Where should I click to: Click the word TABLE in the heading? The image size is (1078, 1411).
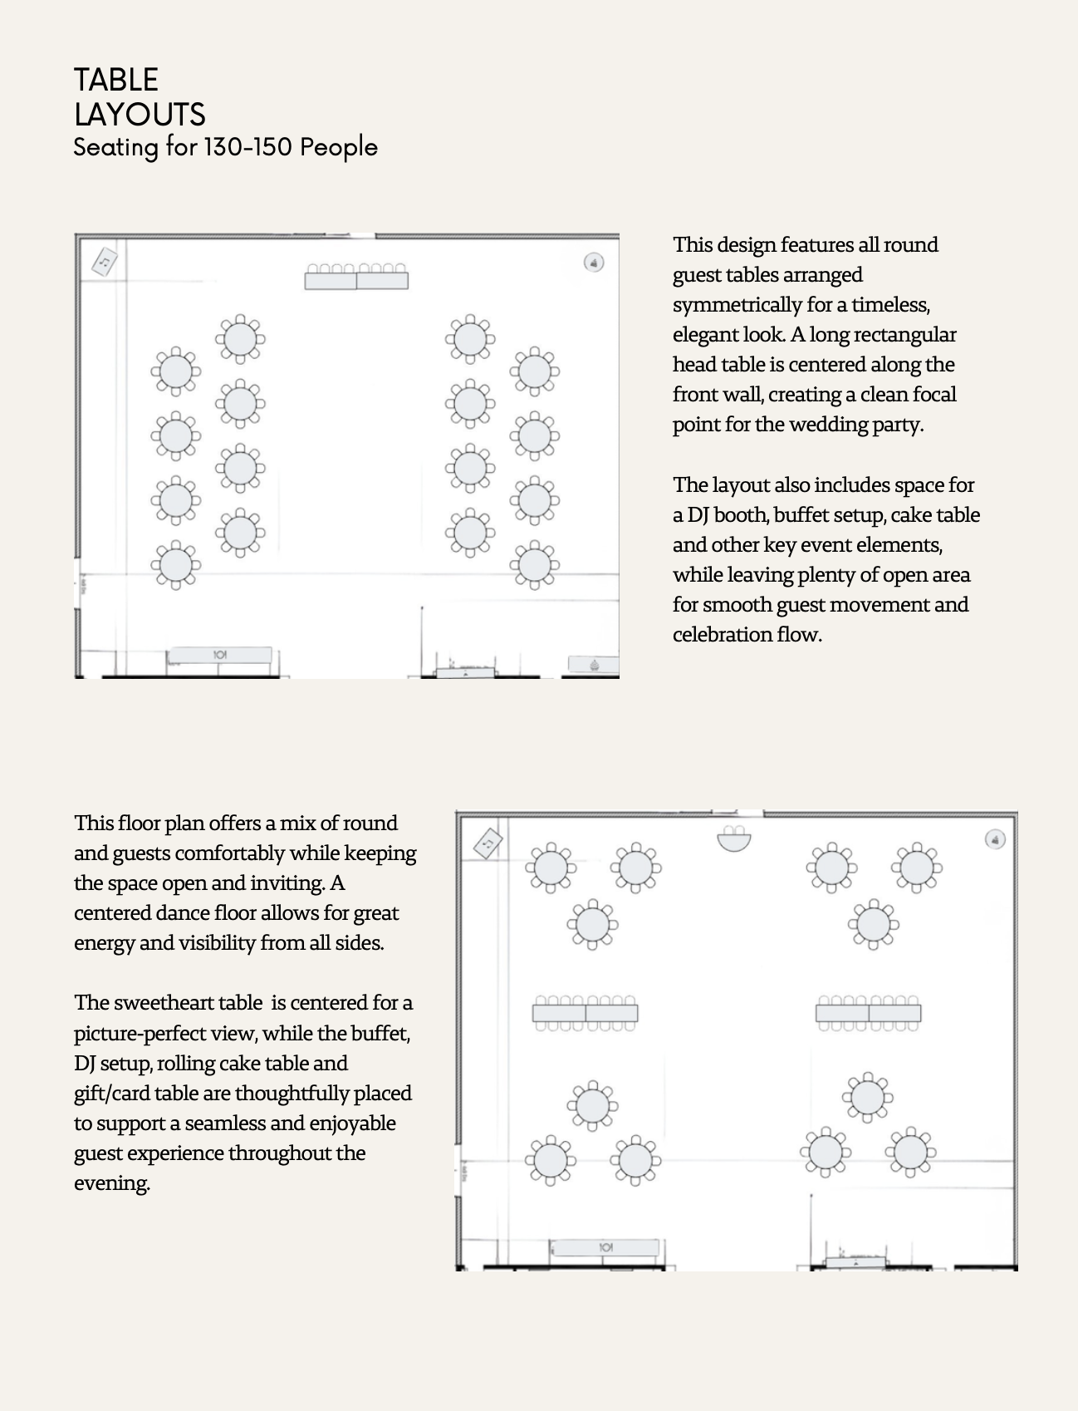[116, 80]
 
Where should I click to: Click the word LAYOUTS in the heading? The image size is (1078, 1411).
[140, 115]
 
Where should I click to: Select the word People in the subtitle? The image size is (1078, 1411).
[339, 147]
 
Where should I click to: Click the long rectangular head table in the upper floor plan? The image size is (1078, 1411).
[356, 280]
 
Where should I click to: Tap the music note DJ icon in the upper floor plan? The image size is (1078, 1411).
[104, 262]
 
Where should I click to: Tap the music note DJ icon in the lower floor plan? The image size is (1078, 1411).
[488, 843]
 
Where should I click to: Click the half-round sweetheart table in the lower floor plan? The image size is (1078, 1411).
[733, 840]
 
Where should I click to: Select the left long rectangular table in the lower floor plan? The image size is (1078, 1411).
[585, 1013]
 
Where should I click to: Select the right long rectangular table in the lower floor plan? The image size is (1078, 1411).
[868, 1013]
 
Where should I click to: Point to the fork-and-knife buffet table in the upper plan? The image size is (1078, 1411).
[219, 655]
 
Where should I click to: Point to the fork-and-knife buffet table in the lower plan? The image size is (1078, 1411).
[605, 1247]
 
